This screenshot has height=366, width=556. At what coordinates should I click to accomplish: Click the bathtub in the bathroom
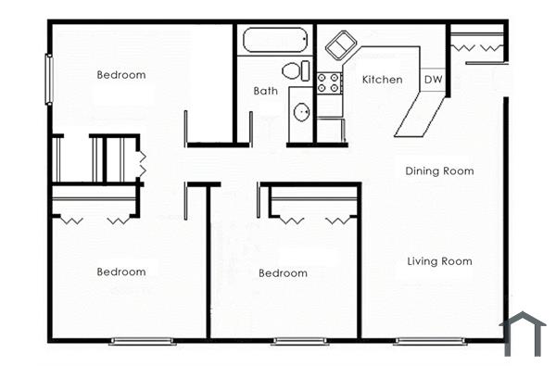click(x=274, y=42)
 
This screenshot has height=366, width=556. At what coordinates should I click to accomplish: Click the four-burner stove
click(x=329, y=83)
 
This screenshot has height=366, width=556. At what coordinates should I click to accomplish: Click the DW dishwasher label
click(x=433, y=80)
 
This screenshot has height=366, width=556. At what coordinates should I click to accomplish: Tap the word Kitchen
click(x=382, y=80)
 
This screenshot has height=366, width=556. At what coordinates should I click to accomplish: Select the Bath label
click(x=266, y=91)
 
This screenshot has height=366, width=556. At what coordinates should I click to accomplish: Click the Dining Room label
click(x=439, y=170)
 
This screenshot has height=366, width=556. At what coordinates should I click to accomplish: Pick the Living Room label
click(x=439, y=261)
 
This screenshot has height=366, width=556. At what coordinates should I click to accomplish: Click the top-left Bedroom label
click(x=121, y=75)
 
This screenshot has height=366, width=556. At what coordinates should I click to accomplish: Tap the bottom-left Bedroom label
click(x=121, y=271)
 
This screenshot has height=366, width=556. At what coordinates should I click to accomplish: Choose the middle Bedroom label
click(x=283, y=273)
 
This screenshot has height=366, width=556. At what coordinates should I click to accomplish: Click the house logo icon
click(x=524, y=334)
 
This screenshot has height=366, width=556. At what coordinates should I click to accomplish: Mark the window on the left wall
click(x=48, y=80)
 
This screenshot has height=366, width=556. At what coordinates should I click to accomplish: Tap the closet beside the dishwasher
click(x=477, y=44)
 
